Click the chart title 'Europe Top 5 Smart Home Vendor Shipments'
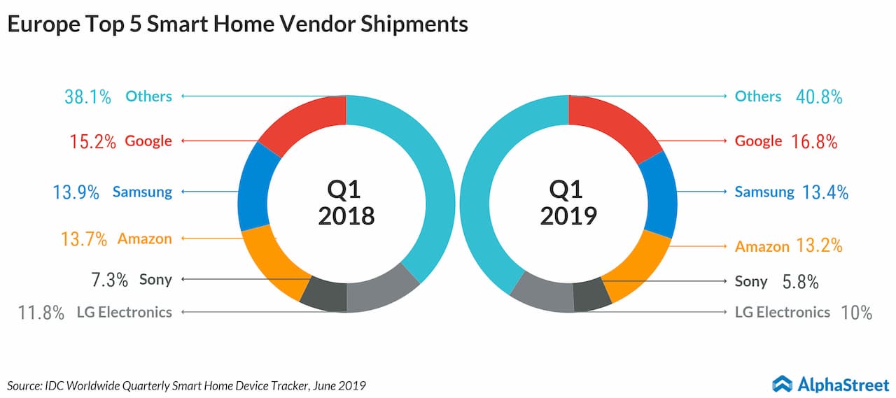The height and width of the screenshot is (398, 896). click(237, 24)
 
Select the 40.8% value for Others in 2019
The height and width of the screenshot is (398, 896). click(819, 97)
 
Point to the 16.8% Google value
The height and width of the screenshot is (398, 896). click(814, 141)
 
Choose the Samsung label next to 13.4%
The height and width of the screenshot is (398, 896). click(764, 192)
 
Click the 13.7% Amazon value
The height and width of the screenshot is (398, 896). click(83, 239)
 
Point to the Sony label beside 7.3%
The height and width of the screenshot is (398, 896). click(155, 280)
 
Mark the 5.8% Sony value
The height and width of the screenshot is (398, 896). click(801, 282)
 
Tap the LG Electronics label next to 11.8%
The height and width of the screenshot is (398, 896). click(124, 312)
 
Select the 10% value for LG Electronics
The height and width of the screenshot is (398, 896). click(857, 313)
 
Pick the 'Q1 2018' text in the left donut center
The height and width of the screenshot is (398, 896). click(346, 203)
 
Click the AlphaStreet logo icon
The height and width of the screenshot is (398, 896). click(782, 383)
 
